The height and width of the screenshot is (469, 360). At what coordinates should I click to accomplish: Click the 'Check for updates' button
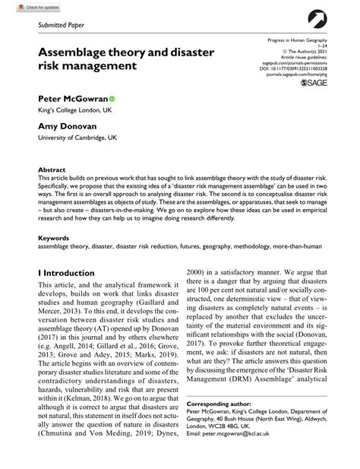coord(22,7)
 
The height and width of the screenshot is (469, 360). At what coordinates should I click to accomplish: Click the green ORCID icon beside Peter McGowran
coord(112,99)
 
